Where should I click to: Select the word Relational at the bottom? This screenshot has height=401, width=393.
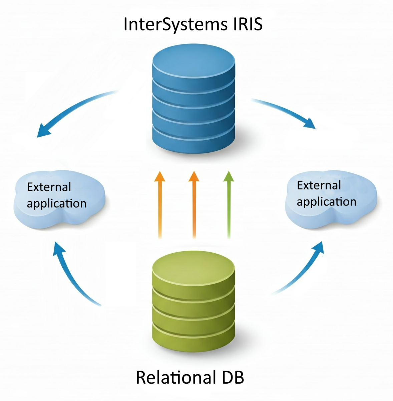point(175,377)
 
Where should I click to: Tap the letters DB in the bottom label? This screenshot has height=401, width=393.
point(233,377)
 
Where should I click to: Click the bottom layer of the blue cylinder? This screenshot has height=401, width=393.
point(193,144)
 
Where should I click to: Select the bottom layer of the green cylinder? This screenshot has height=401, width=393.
point(193,341)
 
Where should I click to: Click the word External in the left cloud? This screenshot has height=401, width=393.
point(49,187)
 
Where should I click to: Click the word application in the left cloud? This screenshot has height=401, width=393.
point(56,204)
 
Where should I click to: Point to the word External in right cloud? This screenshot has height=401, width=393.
point(319,185)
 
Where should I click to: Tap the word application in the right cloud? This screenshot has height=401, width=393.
point(327,202)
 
